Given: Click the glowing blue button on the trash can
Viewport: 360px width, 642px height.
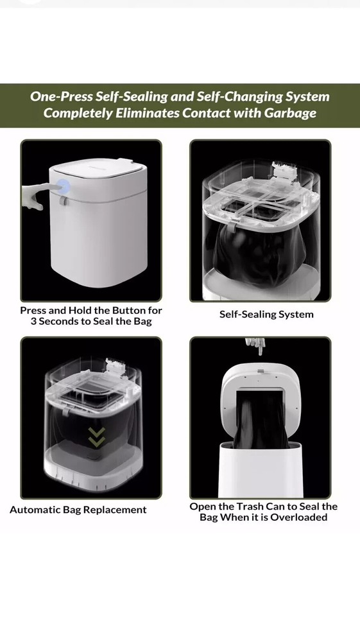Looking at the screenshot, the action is (64, 187).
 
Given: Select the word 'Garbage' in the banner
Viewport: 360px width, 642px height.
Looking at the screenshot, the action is (290, 113).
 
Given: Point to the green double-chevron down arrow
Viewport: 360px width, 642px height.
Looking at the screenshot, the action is (96, 437).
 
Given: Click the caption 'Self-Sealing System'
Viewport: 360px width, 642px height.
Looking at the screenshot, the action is (266, 315).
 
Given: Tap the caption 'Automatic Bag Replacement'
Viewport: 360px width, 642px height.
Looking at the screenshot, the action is (78, 510).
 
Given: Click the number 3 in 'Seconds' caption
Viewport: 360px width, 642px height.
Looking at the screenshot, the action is (33, 322).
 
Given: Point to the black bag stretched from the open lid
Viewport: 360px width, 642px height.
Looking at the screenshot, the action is (260, 419).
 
